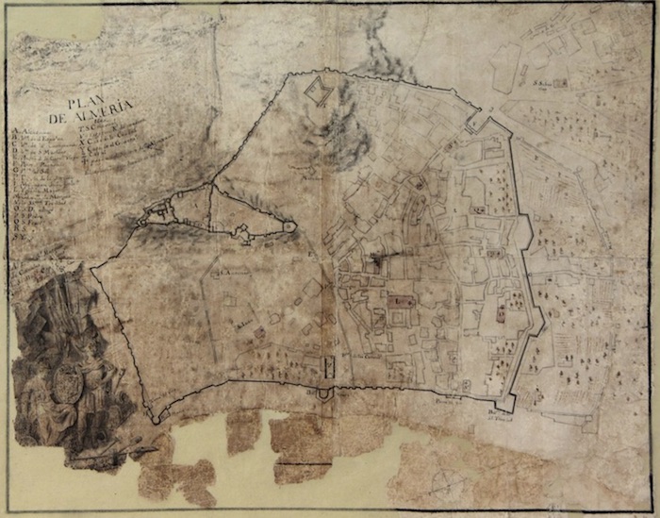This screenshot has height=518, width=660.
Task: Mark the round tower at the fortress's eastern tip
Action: [289, 226]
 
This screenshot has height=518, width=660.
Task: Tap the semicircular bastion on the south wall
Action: [322, 393]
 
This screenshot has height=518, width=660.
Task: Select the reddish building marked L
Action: [401, 302]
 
